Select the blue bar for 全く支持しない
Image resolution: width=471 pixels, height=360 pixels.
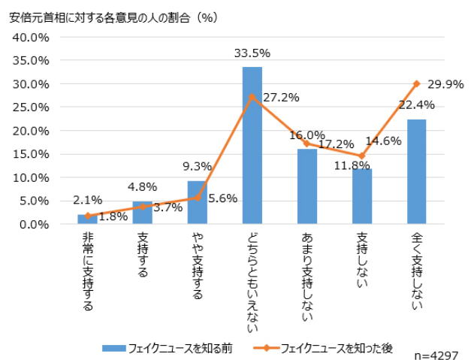(x=416, y=172)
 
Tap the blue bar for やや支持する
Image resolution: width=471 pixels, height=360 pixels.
(x=197, y=202)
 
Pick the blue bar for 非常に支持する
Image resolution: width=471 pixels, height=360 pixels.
(x=87, y=219)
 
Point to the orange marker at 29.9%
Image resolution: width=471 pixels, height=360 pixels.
(x=416, y=83)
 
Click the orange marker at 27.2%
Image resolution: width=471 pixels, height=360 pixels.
(x=252, y=96)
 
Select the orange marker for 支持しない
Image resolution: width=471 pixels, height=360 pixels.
(x=361, y=156)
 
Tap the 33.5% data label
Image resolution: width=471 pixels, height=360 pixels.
(x=252, y=53)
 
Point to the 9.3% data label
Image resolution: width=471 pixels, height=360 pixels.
(x=197, y=167)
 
